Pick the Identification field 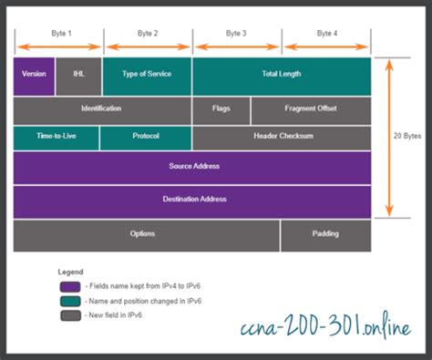pos(101,109)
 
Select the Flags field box pos(221,109)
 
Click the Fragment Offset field pos(311,109)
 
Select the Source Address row pos(192,168)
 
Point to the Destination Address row pos(192,200)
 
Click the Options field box pos(146,235)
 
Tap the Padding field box pos(325,235)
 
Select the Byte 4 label pos(325,33)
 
